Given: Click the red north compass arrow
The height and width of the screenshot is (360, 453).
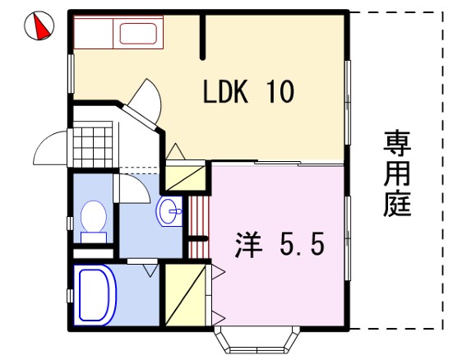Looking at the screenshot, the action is (41, 26).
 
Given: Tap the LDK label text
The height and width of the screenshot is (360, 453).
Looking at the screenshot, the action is (225, 91).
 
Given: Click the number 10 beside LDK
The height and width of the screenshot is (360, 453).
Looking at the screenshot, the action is (281, 91).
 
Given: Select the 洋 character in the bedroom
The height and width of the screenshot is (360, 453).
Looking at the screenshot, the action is (248, 245).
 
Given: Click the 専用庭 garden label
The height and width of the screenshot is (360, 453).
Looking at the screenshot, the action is (397, 173).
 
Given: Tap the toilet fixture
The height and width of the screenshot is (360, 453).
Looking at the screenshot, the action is (94, 221).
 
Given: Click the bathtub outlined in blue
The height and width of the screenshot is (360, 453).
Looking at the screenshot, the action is (95, 295).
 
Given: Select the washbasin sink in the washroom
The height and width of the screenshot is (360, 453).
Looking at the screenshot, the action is (169, 211).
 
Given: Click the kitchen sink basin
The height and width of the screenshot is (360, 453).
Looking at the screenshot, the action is (138, 34).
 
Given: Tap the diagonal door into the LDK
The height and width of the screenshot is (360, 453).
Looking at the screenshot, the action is (140, 118).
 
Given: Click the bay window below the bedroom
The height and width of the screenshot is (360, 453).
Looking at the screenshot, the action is (257, 340).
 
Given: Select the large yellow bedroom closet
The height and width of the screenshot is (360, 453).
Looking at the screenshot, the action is (185, 295).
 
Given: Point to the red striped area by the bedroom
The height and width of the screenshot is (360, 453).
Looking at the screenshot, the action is (198, 227).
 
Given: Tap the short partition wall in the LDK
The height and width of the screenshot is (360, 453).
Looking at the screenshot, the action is (203, 36).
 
